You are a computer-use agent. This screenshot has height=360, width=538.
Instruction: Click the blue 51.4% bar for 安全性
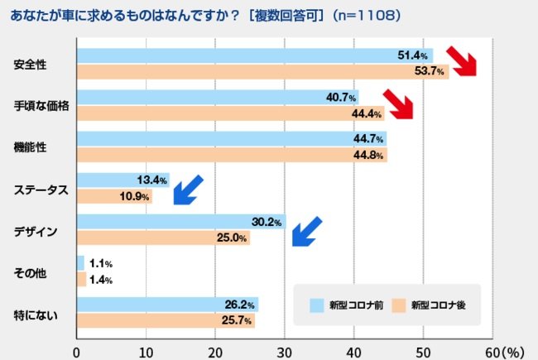pyautogui.click(x=248, y=55)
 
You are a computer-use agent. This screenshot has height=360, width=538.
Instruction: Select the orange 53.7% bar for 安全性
pyautogui.click(x=257, y=71)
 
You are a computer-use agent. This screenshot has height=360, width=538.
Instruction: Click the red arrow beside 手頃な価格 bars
pyautogui.click(x=396, y=103)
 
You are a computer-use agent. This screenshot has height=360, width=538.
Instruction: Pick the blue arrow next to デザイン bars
pyautogui.click(x=306, y=231)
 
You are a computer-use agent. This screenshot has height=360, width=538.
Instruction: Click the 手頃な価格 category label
pyautogui.click(x=41, y=106)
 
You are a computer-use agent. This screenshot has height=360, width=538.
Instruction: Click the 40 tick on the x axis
pyautogui.click(x=354, y=351)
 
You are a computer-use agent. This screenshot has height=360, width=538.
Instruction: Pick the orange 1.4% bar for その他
pyautogui.click(x=81, y=280)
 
